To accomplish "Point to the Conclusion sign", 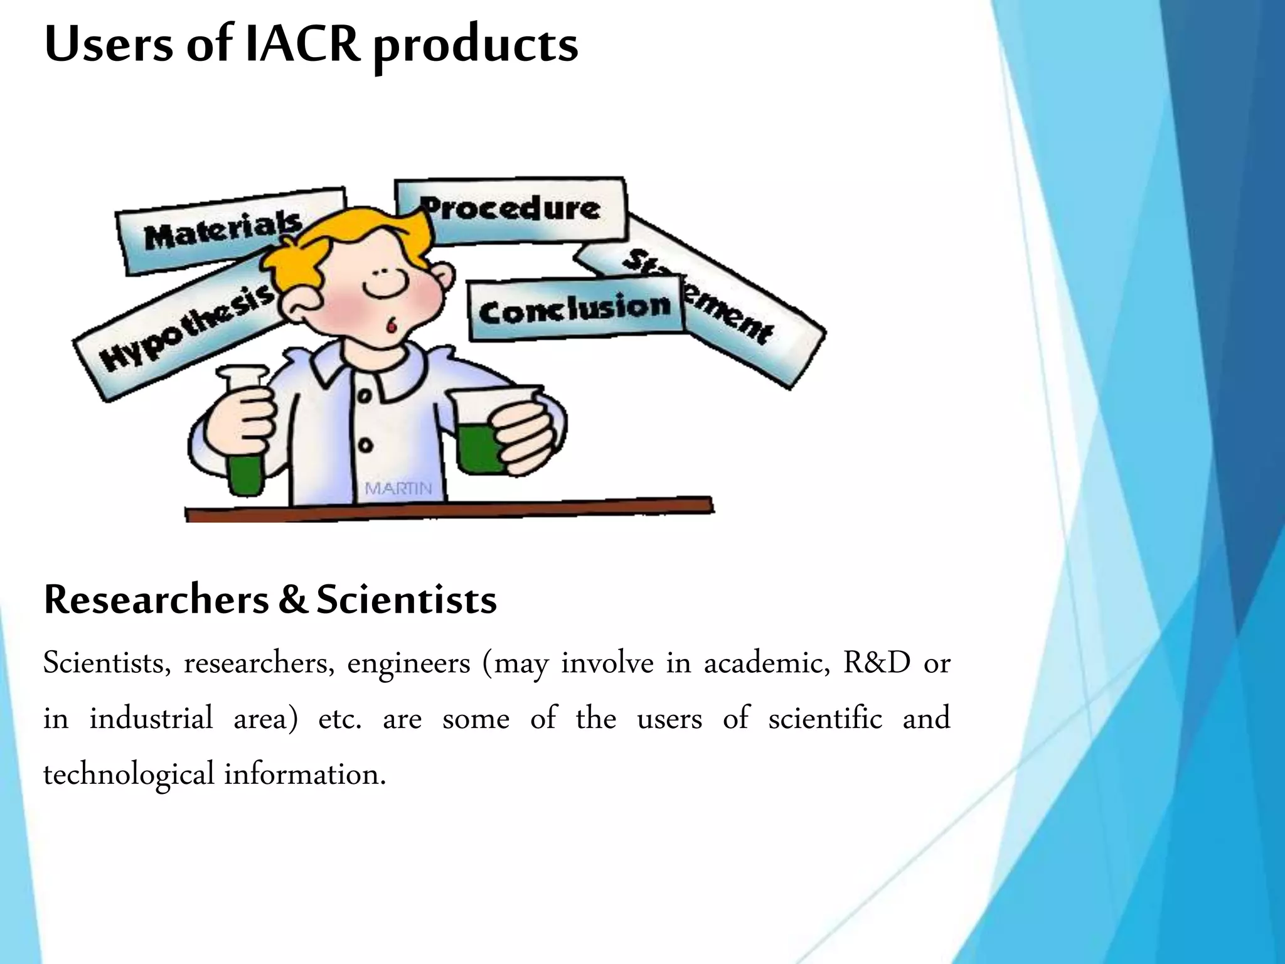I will [x=574, y=309].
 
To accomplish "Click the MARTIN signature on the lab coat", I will [x=398, y=488].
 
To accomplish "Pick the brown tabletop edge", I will [x=449, y=509].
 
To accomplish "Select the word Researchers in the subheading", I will [x=156, y=600].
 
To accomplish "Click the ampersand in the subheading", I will [x=292, y=600].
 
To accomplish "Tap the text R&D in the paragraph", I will [x=877, y=663].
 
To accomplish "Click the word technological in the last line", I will [x=129, y=774].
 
